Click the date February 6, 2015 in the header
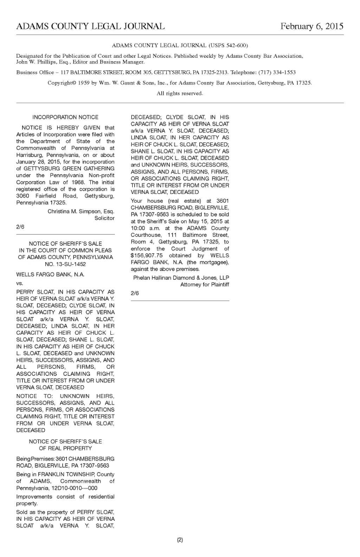coord(311,26)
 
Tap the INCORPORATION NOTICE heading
coord(65,117)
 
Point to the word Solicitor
coord(104,218)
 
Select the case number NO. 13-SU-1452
coord(65,264)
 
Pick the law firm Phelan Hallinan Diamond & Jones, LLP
coord(181,278)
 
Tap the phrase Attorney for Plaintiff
coord(205,285)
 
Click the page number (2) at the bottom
coord(180,540)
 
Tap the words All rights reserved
coord(180,94)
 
